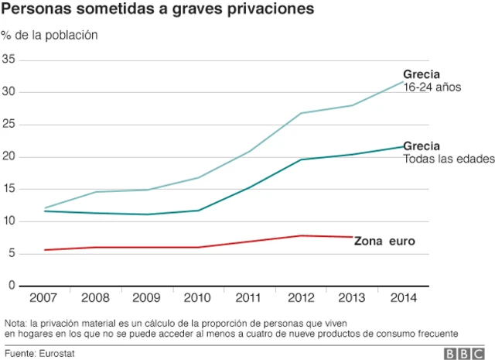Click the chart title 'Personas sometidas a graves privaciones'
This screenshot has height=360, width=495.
coord(159,11)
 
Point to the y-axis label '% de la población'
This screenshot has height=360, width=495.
coord(49,36)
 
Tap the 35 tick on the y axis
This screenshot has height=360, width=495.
coord(9,60)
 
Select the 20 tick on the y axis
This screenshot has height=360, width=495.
coord(9,157)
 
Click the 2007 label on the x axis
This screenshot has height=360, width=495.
coord(45,297)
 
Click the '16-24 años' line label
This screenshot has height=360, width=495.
coord(432,87)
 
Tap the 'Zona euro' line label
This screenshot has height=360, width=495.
coord(384,242)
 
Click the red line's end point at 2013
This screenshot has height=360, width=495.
coord(353,237)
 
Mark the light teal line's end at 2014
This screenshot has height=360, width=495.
coord(402,81)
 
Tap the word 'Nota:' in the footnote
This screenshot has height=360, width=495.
coord(15,323)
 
